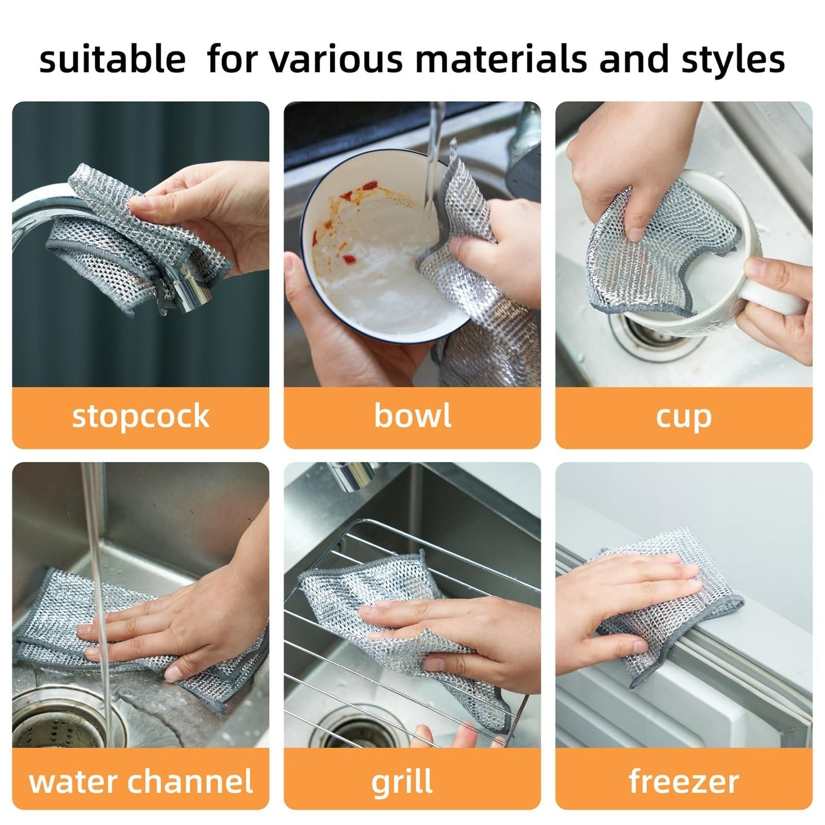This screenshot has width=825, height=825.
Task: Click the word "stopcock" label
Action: click(140, 416)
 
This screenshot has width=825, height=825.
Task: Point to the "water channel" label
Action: click(140, 780)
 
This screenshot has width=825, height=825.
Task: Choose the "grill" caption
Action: click(402, 782)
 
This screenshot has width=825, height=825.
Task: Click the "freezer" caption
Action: click(683, 780)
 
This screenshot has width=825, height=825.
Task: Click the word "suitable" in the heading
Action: click(112, 59)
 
